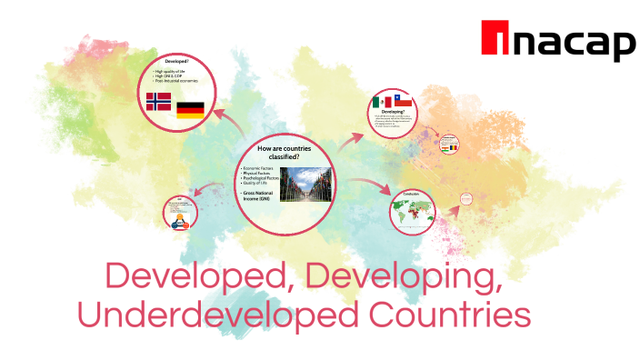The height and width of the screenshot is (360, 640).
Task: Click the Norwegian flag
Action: click(158, 101)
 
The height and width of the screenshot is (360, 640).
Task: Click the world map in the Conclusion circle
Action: click(413, 215)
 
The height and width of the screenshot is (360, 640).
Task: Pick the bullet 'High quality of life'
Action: click(173, 71)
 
